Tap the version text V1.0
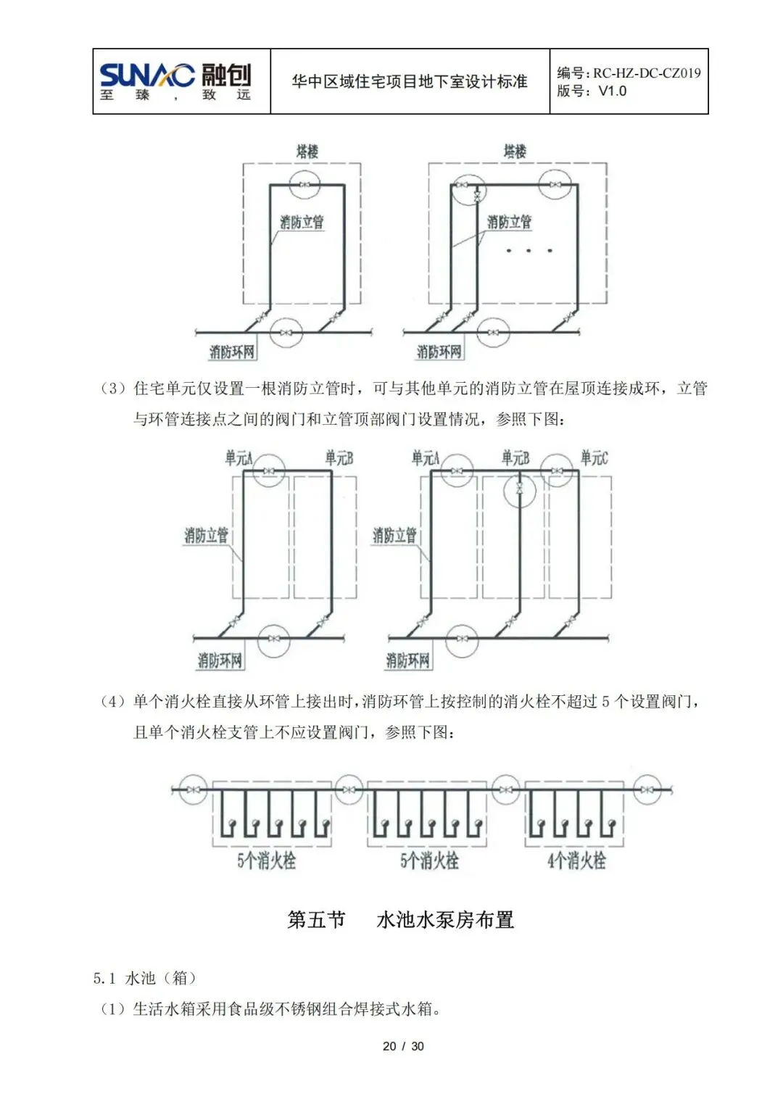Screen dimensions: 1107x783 click(x=612, y=91)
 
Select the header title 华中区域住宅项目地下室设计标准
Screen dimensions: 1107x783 click(x=410, y=82)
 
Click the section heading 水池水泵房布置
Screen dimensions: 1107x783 click(x=445, y=920)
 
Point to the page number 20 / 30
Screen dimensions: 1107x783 click(x=403, y=1046)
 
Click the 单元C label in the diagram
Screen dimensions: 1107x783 click(x=594, y=458)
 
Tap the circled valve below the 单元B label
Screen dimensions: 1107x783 click(x=519, y=489)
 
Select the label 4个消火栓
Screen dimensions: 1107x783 click(x=576, y=861)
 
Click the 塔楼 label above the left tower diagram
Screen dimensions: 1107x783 click(x=307, y=152)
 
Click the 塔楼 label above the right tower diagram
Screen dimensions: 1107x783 click(x=515, y=152)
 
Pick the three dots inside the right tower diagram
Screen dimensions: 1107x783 click(x=529, y=251)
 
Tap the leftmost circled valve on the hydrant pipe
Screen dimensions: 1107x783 click(x=193, y=789)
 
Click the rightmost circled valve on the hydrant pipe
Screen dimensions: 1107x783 click(x=647, y=789)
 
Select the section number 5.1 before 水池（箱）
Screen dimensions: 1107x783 click(x=104, y=978)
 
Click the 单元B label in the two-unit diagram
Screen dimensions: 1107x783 click(x=339, y=458)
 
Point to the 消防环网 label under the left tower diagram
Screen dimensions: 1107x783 click(x=232, y=352)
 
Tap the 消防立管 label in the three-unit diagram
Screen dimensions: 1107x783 click(x=394, y=536)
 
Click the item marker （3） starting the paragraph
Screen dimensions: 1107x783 click(x=113, y=389)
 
